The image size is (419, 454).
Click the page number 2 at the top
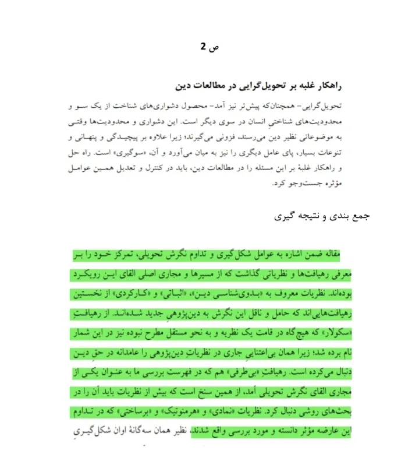(203, 47)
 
